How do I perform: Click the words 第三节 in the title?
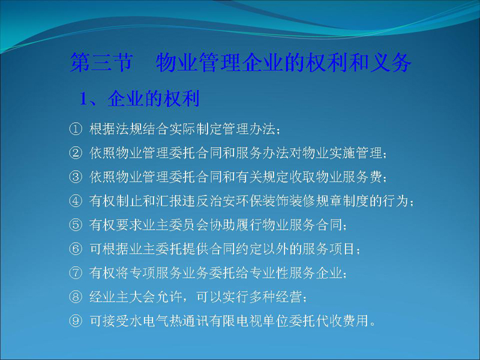[x=101, y=63]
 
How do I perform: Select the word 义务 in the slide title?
[x=391, y=63]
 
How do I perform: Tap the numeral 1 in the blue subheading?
[x=83, y=99]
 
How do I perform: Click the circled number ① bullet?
[x=76, y=129]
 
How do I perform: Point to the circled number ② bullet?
[x=76, y=153]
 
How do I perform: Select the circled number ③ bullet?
[x=76, y=177]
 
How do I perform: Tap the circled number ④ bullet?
[x=76, y=201]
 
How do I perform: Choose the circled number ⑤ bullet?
[x=76, y=225]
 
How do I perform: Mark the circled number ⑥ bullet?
[x=76, y=249]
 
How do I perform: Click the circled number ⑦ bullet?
[x=76, y=273]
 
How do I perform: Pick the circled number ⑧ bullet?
[x=76, y=297]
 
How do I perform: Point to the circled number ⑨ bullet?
[x=76, y=321]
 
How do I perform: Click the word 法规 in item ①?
[x=129, y=129]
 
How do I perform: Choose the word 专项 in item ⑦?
[x=143, y=273]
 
